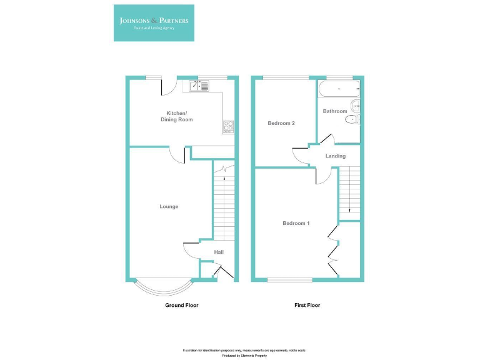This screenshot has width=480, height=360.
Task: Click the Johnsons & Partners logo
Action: coord(154,23)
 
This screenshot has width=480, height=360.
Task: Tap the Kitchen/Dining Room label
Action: coord(176,116)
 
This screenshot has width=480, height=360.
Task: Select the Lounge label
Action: coord(169,206)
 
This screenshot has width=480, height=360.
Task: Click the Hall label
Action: coord(219,252)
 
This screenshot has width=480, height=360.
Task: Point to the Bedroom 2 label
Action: coord(281,123)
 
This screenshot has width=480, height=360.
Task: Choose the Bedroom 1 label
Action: coord(296,223)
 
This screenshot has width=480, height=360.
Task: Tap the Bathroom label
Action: coord(335,111)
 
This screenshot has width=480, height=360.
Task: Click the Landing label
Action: coord(336,156)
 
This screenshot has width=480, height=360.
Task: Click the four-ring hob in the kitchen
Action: coord(228,126)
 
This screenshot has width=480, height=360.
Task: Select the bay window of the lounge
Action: coord(162,288)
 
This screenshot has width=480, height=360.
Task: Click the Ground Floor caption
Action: coord(181,305)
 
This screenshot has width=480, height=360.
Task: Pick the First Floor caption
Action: coord(307,305)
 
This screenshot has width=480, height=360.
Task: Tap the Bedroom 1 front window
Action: coord(290,279)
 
